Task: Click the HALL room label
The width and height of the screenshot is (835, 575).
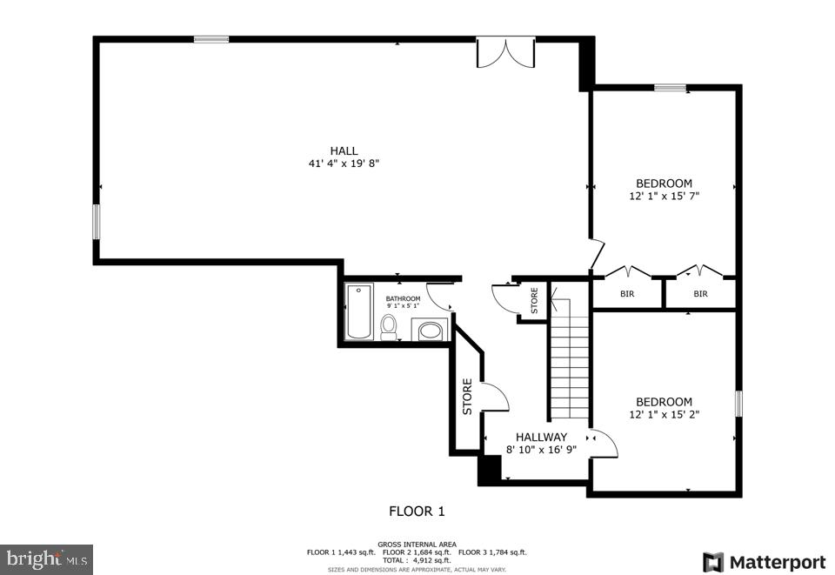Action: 344,150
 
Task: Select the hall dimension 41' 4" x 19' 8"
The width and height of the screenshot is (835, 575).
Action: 344,164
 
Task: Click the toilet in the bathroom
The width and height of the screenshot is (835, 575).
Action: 389,326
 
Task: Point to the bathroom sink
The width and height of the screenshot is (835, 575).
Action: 429,331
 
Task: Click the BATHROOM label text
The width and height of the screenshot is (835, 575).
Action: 403,298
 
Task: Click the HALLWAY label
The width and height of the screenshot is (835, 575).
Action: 541,438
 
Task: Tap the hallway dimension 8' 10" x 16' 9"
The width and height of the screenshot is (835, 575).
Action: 541,450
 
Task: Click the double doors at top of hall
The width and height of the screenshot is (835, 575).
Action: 505,52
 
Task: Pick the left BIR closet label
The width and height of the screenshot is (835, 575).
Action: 627,294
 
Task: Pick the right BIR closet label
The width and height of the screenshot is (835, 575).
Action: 700,294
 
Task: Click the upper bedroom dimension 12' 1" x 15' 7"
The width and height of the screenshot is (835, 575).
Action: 664,197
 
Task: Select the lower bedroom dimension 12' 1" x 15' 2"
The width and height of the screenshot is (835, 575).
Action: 664,414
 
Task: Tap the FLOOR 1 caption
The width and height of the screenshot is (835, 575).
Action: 417,511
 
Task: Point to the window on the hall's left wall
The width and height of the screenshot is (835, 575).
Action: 97,221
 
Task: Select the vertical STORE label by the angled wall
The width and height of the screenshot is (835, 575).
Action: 467,396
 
